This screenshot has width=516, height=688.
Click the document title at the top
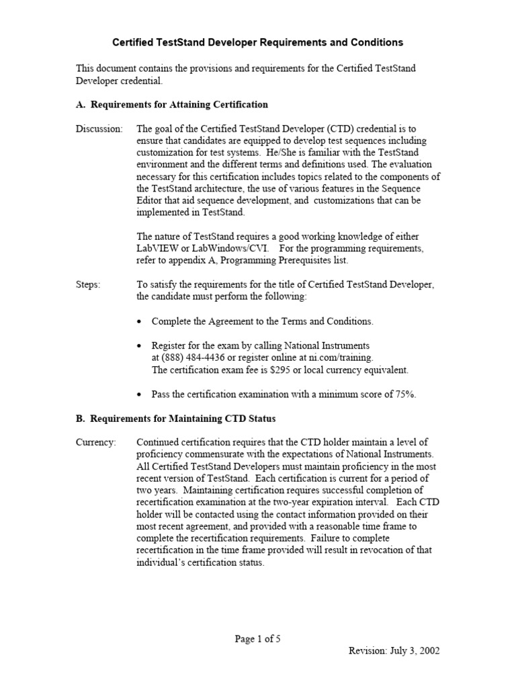[x=257, y=42]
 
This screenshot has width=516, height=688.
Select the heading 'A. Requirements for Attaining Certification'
[x=171, y=104]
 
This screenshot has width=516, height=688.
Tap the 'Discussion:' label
[x=99, y=128]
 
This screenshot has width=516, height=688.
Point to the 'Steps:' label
[x=88, y=285]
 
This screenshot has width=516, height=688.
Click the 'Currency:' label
[x=95, y=442]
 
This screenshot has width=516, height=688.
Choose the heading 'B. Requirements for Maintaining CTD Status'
[x=175, y=419]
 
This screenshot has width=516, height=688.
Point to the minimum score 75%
[x=402, y=394]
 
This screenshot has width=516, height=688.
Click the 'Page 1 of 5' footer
[x=257, y=639]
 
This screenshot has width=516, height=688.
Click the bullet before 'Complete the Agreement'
[x=139, y=322]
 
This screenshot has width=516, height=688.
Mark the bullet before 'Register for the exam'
[x=139, y=346]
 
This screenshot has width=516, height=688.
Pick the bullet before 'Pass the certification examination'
[x=139, y=394]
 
